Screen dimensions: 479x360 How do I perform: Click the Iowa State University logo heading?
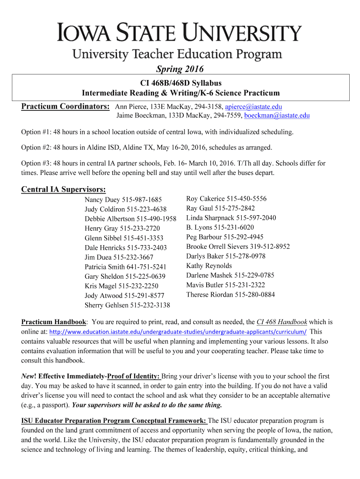(180, 33)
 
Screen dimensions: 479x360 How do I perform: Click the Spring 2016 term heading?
(180, 69)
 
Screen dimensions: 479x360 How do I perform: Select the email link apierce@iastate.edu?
(253, 107)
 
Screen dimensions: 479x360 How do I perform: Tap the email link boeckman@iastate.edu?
(277, 116)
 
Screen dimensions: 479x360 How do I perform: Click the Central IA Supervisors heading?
(64, 189)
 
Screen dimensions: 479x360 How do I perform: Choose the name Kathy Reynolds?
(209, 266)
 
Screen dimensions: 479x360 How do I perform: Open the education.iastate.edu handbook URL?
(178, 332)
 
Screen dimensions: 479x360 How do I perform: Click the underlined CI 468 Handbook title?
(282, 322)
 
